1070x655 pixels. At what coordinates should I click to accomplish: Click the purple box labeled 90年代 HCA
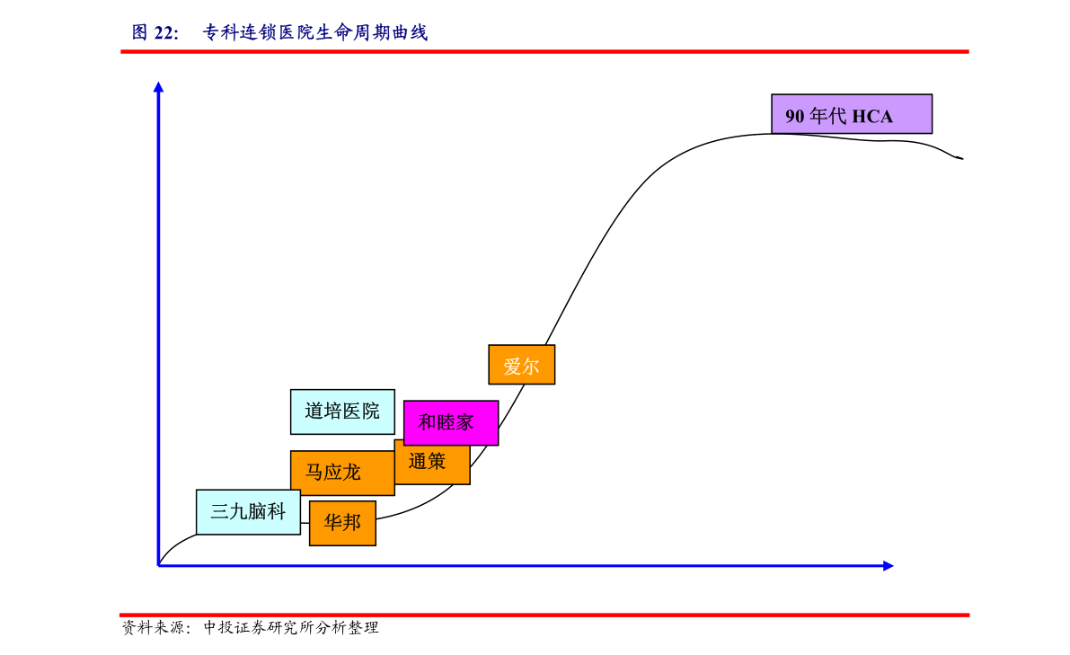point(852,114)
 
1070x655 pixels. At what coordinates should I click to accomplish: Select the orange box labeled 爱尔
point(521,365)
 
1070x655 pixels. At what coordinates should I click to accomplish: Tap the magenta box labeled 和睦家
point(451,423)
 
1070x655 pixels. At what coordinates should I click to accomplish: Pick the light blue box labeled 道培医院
point(342,412)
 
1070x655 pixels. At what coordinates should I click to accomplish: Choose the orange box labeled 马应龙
point(342,472)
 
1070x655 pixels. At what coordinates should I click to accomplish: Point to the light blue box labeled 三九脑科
point(248,512)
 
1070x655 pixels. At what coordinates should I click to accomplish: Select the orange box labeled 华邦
point(342,523)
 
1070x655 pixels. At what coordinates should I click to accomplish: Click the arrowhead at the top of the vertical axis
point(158,86)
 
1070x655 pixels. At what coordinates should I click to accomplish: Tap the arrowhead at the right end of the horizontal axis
point(889,566)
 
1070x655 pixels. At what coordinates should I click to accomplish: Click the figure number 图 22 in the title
point(155,32)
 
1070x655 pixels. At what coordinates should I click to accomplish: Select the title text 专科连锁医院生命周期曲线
point(315,32)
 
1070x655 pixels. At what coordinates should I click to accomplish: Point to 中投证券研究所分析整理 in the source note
point(291,628)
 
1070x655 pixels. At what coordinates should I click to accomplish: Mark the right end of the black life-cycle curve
point(963,158)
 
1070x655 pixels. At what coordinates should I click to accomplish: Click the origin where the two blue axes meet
point(158,566)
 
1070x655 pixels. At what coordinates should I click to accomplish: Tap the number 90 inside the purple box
point(794,117)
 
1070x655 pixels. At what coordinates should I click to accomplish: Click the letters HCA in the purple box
point(872,117)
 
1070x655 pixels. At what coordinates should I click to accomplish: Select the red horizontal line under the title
point(544,51)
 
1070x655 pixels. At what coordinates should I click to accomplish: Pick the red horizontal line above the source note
point(544,615)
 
